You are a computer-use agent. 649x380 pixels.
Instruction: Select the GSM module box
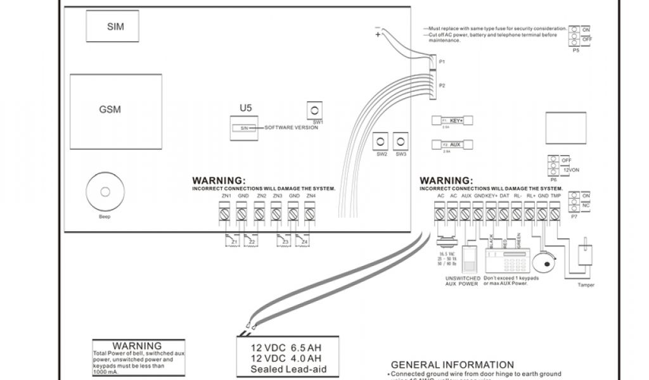click(x=110, y=109)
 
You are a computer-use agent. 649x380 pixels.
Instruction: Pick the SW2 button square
click(x=382, y=141)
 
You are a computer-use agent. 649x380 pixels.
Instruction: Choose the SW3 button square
click(x=401, y=141)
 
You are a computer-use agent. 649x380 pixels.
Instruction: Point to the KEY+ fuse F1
click(x=452, y=120)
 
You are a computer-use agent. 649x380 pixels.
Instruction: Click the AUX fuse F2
click(x=452, y=145)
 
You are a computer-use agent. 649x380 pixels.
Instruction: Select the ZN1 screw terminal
click(x=225, y=215)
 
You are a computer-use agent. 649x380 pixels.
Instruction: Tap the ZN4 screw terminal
click(x=309, y=215)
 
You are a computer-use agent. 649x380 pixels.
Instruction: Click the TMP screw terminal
click(x=555, y=215)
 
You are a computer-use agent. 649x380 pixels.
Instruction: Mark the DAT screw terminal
click(x=504, y=215)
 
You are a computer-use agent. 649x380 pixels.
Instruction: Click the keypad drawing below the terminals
click(x=507, y=262)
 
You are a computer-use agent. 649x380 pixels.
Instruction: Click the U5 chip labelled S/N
click(x=245, y=127)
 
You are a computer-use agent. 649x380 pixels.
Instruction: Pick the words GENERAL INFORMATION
click(x=453, y=365)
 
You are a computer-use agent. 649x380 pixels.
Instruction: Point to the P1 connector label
click(x=442, y=61)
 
